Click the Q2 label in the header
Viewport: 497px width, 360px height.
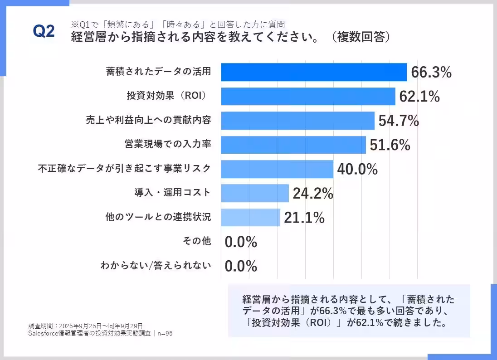tap(44, 32)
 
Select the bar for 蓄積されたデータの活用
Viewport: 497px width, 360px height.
tap(314, 72)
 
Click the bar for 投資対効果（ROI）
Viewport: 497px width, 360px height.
tap(308, 97)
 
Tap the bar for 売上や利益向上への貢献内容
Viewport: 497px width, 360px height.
tap(297, 121)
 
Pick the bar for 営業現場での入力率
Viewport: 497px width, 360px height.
tap(293, 145)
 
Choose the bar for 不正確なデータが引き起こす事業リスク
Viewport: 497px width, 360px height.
tap(277, 169)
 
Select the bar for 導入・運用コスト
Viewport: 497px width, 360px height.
tap(255, 193)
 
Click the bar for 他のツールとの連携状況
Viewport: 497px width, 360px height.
tap(250, 217)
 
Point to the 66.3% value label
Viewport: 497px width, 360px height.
tap(431, 72)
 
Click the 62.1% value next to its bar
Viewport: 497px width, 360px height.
tap(419, 97)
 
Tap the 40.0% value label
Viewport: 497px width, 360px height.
tap(357, 169)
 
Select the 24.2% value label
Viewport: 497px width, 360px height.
tap(313, 194)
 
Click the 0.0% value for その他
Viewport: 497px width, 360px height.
tap(241, 242)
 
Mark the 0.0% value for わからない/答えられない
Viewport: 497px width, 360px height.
tap(241, 266)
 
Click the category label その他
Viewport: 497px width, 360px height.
tap(196, 242)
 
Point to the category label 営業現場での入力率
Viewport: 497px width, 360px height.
tap(168, 145)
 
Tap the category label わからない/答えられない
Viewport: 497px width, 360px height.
tap(156, 266)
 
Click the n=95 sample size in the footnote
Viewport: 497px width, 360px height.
tap(165, 333)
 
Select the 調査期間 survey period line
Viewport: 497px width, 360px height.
tap(85, 326)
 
